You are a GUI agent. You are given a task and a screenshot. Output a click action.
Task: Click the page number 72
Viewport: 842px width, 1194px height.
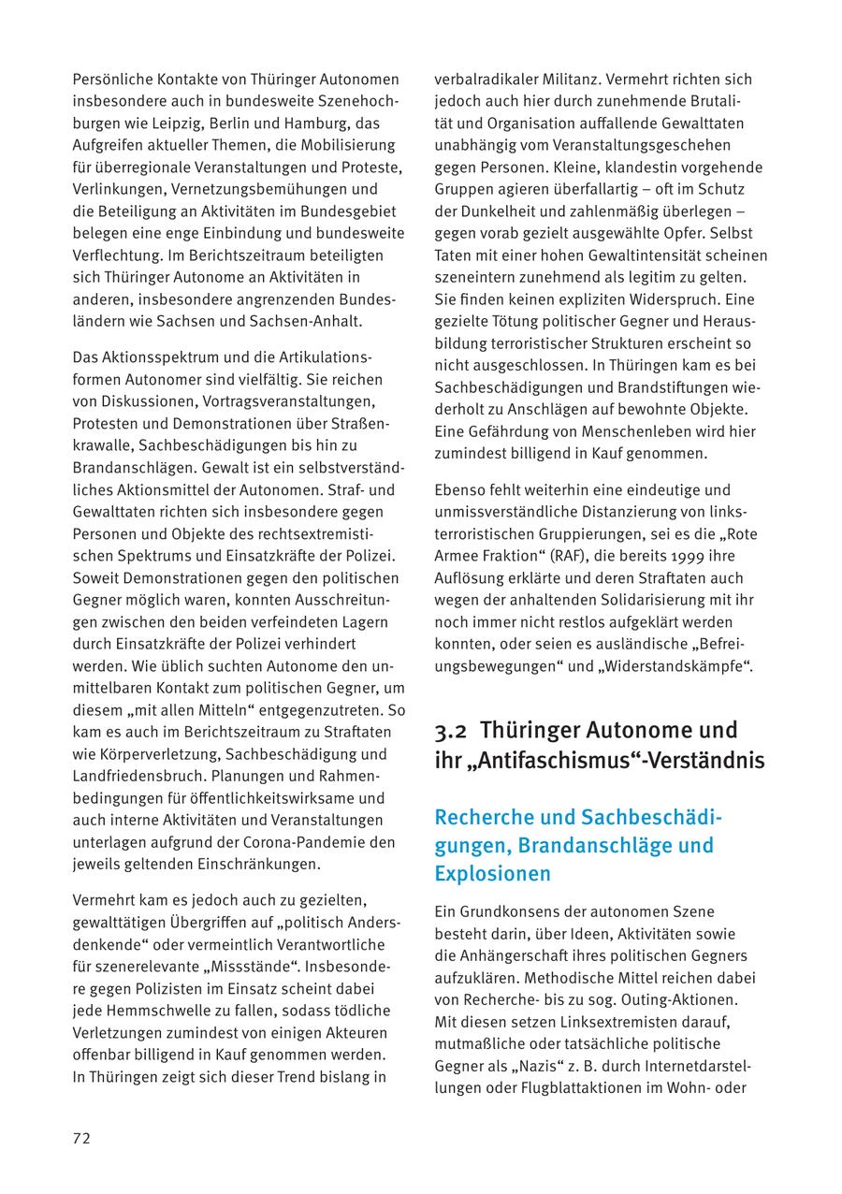point(81,1138)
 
